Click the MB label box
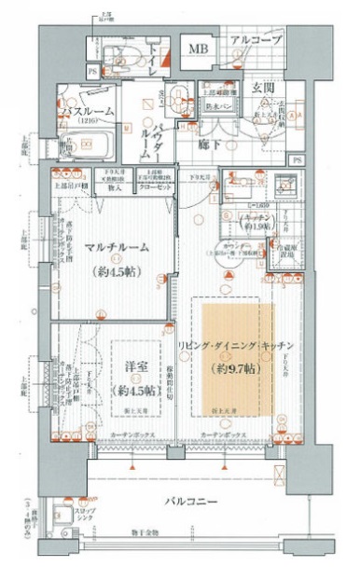pyautogui.click(x=197, y=49)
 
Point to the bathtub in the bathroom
pyautogui.click(x=90, y=147)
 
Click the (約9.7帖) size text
pyautogui.click(x=233, y=369)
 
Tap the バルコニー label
pyautogui.click(x=195, y=503)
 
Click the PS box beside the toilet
pyautogui.click(x=93, y=70)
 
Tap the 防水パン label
pyautogui.click(x=222, y=106)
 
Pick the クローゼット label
pyautogui.click(x=156, y=186)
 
